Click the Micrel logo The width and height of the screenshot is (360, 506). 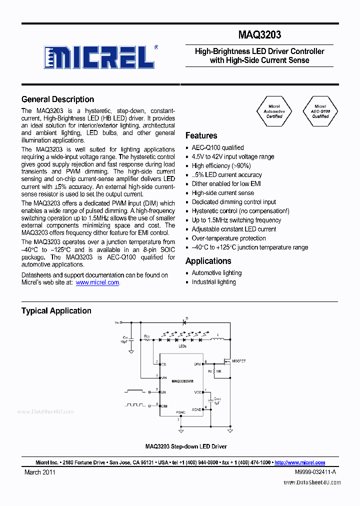point(99,57)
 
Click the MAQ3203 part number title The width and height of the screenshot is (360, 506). point(259,34)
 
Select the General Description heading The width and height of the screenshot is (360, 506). point(57,99)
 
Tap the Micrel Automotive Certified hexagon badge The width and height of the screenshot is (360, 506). point(274,111)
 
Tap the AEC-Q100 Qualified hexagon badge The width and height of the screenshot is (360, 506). point(320,111)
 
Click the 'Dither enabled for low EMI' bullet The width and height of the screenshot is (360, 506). point(226,184)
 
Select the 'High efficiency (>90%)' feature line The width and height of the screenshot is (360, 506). point(221,165)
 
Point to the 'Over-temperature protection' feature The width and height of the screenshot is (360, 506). point(229,238)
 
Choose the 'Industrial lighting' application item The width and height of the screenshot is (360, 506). point(213,282)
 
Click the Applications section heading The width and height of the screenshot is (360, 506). point(208,261)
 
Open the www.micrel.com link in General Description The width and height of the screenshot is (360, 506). point(97,282)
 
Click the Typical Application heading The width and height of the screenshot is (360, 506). point(56,311)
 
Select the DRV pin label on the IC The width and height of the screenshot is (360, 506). point(198,364)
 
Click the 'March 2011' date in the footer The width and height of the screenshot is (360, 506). point(40,472)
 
